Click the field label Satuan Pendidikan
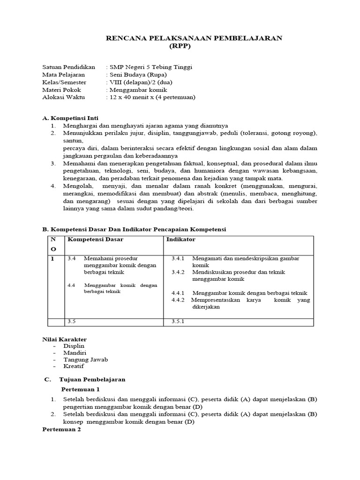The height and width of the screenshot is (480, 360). point(68,67)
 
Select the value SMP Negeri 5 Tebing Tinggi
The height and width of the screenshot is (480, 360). point(150,67)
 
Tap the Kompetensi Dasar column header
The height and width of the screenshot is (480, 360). point(96,240)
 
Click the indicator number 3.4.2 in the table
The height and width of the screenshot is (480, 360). point(178,272)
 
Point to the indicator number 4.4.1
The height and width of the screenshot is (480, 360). point(178,293)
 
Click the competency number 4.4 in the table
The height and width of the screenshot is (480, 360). point(71,285)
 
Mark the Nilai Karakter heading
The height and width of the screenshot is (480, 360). point(64,339)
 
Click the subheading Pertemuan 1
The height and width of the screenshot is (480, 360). point(81,389)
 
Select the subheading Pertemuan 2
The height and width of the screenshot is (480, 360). point(61,429)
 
